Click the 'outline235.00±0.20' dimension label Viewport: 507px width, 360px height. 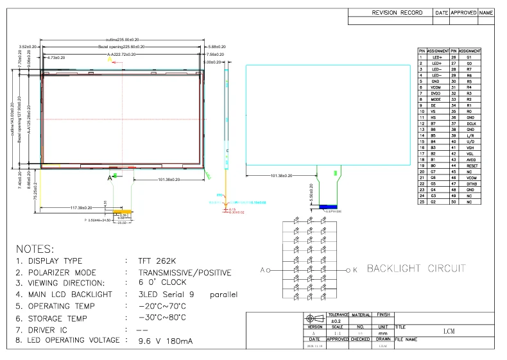[126, 40]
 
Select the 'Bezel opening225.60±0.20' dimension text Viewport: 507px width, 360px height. [125, 47]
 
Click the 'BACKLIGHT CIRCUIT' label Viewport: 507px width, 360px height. [416, 268]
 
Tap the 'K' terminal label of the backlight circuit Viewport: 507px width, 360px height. [355, 270]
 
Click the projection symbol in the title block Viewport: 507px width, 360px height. [313, 319]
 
